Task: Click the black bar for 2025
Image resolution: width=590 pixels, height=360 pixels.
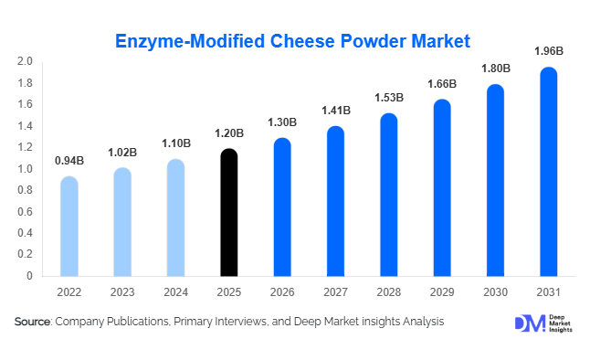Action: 229,212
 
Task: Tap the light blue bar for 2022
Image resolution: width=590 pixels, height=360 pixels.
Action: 69,226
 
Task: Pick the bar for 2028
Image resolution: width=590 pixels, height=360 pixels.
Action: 389,195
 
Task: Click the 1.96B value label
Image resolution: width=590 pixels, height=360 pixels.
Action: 549,52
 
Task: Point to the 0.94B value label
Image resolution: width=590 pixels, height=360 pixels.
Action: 69,162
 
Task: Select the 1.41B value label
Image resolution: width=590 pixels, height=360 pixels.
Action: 336,111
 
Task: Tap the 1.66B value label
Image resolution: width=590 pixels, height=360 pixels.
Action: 442,85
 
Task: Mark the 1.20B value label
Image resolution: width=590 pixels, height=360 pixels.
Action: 229,133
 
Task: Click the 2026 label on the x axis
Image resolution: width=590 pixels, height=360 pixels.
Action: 282,293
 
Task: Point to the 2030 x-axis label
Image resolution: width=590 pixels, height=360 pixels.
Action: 496,293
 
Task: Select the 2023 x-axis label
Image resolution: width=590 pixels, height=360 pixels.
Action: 122,293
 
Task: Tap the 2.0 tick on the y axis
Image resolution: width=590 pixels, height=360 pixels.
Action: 25,62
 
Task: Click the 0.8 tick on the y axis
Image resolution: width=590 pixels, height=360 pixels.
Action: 25,190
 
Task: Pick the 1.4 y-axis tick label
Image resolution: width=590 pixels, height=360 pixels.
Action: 25,126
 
